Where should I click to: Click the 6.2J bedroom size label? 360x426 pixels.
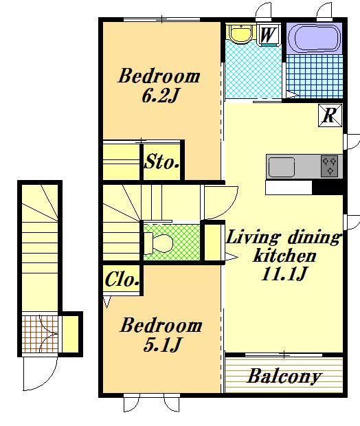pyautogui.click(x=160, y=96)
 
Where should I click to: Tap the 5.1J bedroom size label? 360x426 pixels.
pyautogui.click(x=162, y=345)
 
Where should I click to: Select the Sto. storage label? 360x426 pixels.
pyautogui.click(x=162, y=162)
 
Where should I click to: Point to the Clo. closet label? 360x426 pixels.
pyautogui.click(x=122, y=279)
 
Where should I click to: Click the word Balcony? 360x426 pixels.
pyautogui.click(x=284, y=377)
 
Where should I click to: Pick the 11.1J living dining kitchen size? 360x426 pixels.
pyautogui.click(x=284, y=273)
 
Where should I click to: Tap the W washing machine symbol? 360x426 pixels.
pyautogui.click(x=267, y=34)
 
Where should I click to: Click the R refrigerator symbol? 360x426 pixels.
pyautogui.click(x=330, y=115)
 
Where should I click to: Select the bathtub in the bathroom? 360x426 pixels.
pyautogui.click(x=314, y=38)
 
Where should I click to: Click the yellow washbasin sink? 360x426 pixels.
pyautogui.click(x=241, y=34)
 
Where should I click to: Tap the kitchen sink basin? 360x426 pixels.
pyautogui.click(x=282, y=167)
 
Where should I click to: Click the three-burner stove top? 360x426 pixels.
pyautogui.click(x=330, y=166)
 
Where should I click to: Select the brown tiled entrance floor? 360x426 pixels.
pyautogui.click(x=40, y=334)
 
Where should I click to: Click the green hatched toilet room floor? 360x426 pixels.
pyautogui.click(x=172, y=242)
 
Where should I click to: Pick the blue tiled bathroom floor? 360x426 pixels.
pyautogui.click(x=315, y=76)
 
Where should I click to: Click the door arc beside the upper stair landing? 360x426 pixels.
pyautogui.click(x=230, y=208)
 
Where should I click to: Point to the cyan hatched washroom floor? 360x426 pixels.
pyautogui.click(x=253, y=71)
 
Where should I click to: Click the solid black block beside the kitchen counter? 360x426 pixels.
pyautogui.click(x=328, y=188)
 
